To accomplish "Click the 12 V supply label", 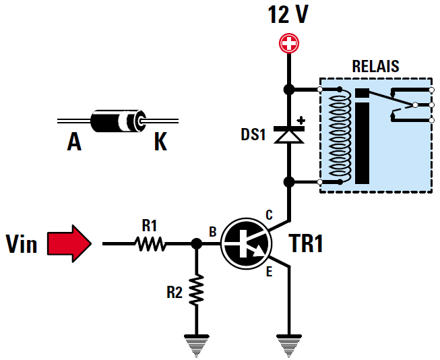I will pyautogui.click(x=288, y=15).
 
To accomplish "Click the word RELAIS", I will pyautogui.click(x=375, y=67).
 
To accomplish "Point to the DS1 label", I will pyautogui.click(x=254, y=135).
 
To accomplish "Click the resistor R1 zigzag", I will pyautogui.click(x=151, y=244).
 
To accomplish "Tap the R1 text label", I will pyautogui.click(x=149, y=225).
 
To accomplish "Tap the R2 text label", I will pyautogui.click(x=175, y=292).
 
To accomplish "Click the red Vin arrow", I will pyautogui.click(x=69, y=243).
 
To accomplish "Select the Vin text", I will pyautogui.click(x=21, y=243).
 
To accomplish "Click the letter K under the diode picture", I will pyautogui.click(x=160, y=142).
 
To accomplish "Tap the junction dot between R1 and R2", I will pyautogui.click(x=196, y=243).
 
